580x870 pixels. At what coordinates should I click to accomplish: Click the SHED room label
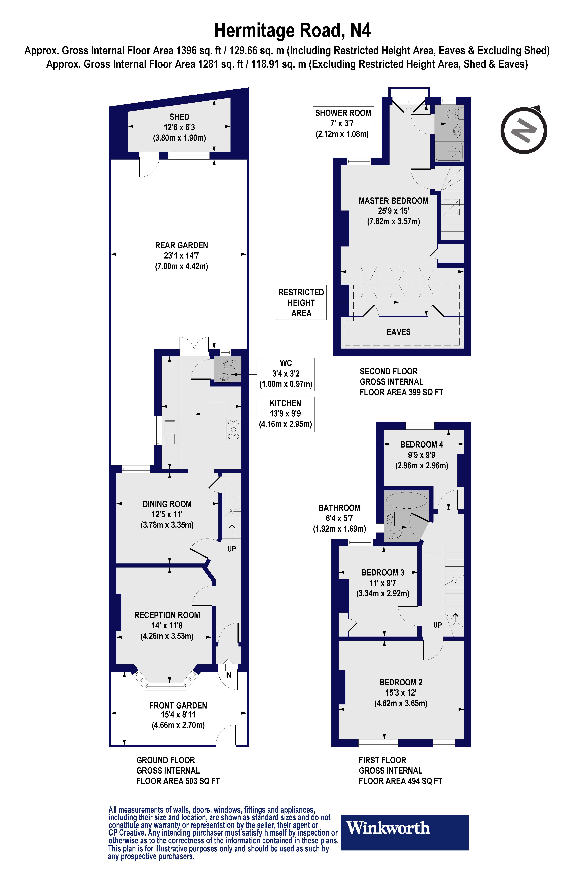pyautogui.click(x=179, y=117)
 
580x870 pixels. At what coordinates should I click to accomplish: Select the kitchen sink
pyautogui.click(x=170, y=432)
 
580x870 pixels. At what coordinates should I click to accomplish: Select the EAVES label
pyautogui.click(x=398, y=332)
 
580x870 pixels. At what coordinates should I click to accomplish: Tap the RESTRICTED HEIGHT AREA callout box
pyautogui.click(x=301, y=302)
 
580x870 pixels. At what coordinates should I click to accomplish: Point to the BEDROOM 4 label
pyautogui.click(x=421, y=444)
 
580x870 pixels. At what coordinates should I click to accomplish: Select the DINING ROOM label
pyautogui.click(x=167, y=504)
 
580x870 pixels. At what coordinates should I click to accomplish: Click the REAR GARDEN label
pyautogui.click(x=181, y=245)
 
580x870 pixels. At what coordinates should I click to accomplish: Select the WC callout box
pyautogui.click(x=286, y=374)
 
